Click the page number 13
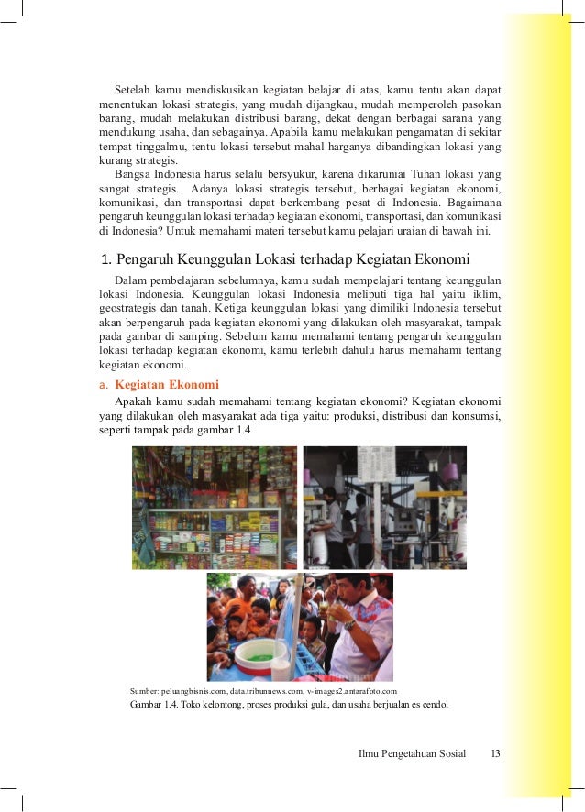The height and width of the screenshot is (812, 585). pyautogui.click(x=495, y=753)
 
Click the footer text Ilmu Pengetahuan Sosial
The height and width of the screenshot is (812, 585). pyautogui.click(x=412, y=753)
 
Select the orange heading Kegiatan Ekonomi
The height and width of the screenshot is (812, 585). pyautogui.click(x=167, y=385)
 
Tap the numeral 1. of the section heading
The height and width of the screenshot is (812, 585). pyautogui.click(x=105, y=258)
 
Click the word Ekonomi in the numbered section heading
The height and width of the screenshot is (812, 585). pyautogui.click(x=443, y=258)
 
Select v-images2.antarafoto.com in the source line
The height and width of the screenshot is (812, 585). pyautogui.click(x=353, y=689)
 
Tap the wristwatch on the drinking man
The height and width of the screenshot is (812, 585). pyautogui.click(x=348, y=625)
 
